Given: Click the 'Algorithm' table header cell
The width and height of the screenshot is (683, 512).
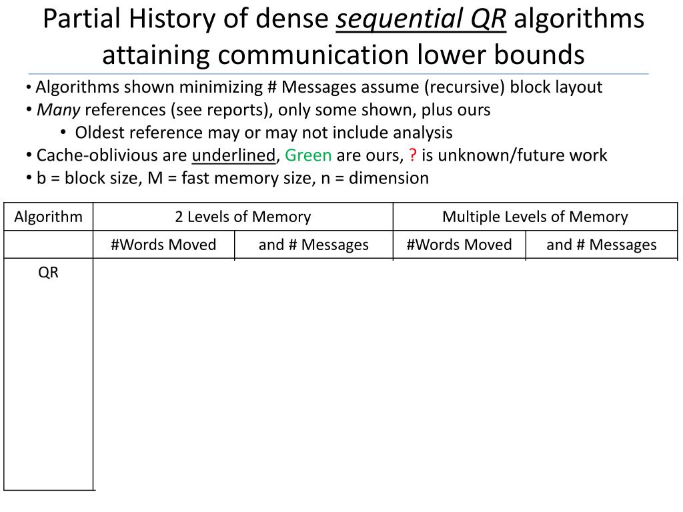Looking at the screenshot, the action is click(49, 217).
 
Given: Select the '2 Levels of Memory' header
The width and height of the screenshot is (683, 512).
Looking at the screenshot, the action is click(243, 217).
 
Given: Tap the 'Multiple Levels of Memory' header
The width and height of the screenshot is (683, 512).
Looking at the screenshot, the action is click(535, 217).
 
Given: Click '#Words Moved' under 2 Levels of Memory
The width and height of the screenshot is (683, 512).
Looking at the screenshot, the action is click(163, 245).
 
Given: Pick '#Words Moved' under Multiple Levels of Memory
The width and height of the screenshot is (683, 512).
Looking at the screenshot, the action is click(459, 245).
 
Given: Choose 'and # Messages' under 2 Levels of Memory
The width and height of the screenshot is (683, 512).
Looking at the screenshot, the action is click(313, 245).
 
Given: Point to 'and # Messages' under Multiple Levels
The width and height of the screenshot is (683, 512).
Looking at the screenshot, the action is click(602, 245).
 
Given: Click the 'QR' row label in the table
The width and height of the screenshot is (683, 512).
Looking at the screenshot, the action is click(48, 273).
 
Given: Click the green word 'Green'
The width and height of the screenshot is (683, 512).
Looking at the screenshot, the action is click(308, 155).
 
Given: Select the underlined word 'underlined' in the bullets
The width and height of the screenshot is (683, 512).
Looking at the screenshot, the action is click(233, 155).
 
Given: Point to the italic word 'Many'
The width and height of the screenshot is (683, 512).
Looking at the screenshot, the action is click(59, 110).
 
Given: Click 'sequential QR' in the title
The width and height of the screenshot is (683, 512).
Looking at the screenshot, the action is click(422, 20).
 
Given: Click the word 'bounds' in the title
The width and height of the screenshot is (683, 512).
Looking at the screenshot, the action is click(539, 55).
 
